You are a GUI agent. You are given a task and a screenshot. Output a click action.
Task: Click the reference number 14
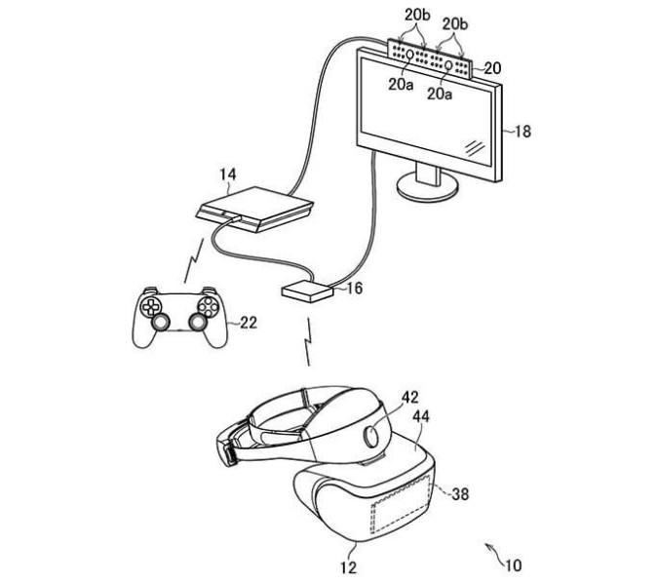(228, 175)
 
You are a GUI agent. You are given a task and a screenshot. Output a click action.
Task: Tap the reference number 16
(355, 289)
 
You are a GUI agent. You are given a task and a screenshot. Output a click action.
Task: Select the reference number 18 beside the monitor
(522, 132)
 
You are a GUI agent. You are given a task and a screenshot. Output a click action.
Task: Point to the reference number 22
(249, 323)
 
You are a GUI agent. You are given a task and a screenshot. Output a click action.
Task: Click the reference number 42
(409, 397)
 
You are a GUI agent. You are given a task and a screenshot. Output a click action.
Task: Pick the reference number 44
(421, 416)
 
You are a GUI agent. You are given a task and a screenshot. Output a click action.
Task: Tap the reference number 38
(460, 493)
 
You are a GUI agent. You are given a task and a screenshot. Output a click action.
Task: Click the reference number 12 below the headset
(348, 567)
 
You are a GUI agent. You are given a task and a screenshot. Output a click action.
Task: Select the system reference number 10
(514, 565)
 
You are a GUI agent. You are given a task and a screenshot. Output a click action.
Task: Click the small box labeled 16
(308, 291)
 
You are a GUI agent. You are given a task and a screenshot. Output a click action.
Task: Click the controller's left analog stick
(161, 322)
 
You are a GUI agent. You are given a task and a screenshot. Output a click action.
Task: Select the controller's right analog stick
(198, 322)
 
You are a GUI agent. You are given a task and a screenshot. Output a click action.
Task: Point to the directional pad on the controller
(150, 307)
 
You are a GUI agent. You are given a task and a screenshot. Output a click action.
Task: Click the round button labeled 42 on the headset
(372, 436)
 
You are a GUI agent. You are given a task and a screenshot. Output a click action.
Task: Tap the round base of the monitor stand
(427, 188)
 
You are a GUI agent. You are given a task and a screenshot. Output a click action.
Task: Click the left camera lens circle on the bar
(409, 54)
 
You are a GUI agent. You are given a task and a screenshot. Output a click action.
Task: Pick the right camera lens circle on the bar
(448, 65)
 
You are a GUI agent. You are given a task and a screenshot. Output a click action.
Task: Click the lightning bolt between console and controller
(194, 260)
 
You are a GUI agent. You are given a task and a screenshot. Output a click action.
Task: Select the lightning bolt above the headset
(308, 341)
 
